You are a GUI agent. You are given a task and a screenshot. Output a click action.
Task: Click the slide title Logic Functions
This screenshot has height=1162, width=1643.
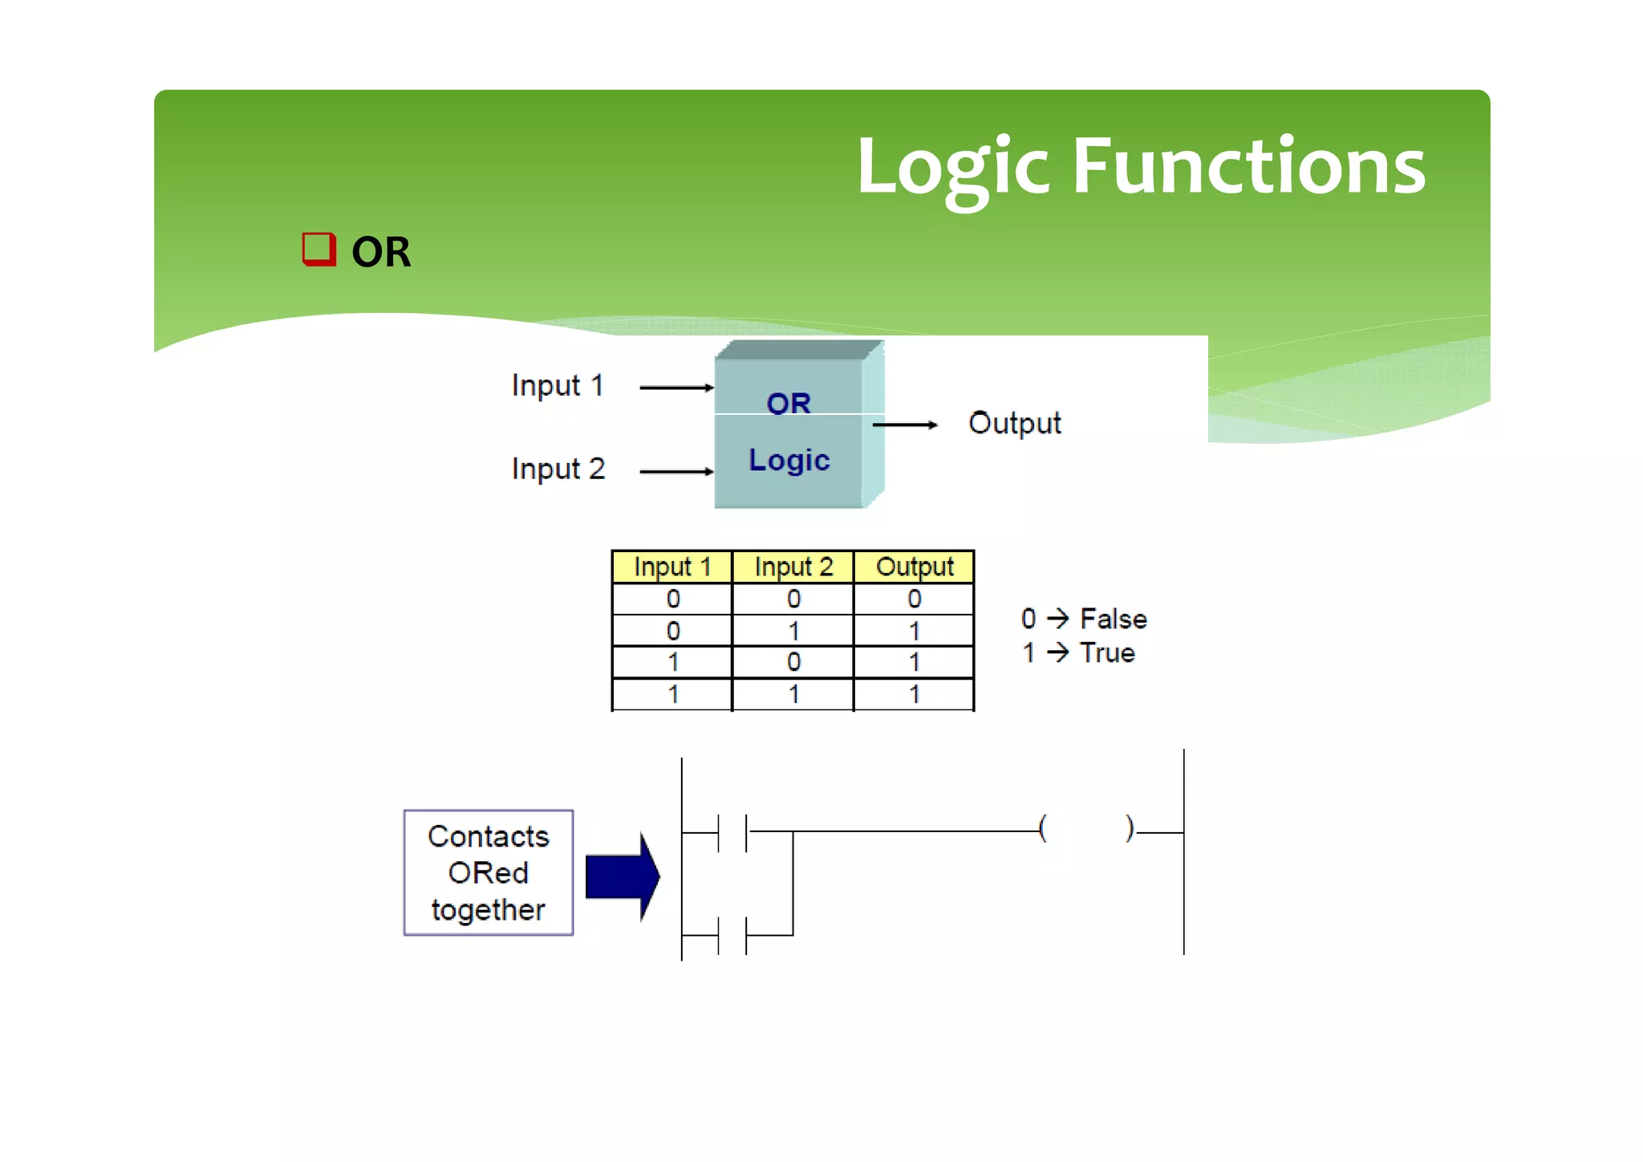[x=1140, y=166]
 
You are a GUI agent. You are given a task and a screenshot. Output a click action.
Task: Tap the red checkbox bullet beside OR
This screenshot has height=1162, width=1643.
[x=318, y=250]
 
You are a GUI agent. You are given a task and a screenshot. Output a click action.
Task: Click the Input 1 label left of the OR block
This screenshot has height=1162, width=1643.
[x=557, y=386]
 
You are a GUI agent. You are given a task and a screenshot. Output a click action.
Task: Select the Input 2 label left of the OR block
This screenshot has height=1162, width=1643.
[x=558, y=469]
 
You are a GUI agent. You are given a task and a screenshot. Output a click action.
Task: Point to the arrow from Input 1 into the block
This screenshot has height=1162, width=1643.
[x=675, y=388]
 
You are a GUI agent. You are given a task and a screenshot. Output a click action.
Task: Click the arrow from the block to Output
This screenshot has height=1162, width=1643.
[x=904, y=425]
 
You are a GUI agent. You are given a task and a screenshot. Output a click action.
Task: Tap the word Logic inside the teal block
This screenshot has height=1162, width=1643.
[x=789, y=461]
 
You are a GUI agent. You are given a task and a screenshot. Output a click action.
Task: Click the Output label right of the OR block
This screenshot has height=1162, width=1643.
[x=1014, y=423]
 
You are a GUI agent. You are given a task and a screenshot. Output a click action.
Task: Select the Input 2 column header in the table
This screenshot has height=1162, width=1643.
[x=793, y=567]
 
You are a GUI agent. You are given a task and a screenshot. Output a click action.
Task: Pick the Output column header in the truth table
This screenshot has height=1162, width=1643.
[x=914, y=567]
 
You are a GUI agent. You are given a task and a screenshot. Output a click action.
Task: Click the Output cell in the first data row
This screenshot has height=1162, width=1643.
[x=914, y=599]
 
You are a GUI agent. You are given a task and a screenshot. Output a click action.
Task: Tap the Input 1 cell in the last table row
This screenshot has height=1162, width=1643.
[x=672, y=694]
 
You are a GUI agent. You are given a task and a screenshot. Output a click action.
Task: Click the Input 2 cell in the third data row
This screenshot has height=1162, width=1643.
[x=793, y=662]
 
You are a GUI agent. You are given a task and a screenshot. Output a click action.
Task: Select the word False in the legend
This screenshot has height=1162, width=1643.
[x=1113, y=619]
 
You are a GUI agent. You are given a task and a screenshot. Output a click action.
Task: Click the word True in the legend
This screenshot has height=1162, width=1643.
[x=1107, y=653]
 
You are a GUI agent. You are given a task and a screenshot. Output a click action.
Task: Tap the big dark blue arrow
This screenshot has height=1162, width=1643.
[x=622, y=876]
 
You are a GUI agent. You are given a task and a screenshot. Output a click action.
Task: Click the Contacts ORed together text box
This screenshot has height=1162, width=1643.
[x=488, y=873]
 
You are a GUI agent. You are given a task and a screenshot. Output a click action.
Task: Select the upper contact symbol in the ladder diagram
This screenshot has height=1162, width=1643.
[x=732, y=832]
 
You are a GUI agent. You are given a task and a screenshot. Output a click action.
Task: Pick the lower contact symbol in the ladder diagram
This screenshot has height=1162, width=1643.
[x=732, y=935]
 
